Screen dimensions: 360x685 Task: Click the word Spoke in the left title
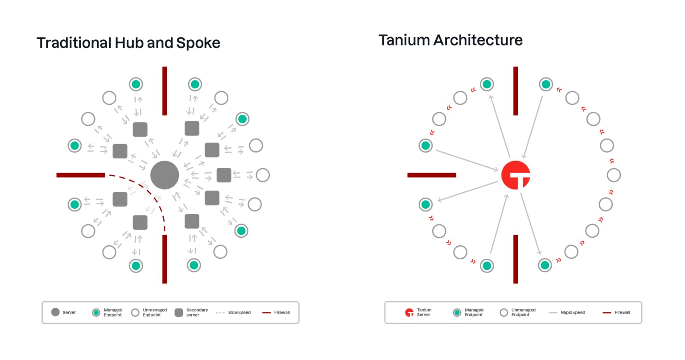coord(198,43)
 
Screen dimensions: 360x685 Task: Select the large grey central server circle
coord(165,175)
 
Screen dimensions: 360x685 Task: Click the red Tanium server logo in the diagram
coord(516,175)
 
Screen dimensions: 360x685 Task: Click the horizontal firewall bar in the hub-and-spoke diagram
coord(81,175)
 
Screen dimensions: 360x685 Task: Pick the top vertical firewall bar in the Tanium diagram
coord(516,91)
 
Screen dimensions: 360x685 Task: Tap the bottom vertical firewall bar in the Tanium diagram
coord(516,259)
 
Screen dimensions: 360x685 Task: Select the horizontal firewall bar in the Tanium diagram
coord(432,175)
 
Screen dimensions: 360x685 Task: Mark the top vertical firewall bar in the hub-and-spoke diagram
coord(165,91)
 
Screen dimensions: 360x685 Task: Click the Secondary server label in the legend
coord(197,312)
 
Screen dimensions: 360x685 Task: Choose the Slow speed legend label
coord(239,312)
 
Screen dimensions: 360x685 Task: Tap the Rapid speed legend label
coord(573,312)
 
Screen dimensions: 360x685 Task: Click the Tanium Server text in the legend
coord(424,312)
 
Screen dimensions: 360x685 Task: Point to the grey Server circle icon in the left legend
coord(55,312)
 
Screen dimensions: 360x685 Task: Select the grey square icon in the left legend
coord(179,312)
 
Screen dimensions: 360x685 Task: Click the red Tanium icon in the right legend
coord(409,312)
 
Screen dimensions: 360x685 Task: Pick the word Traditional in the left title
coord(74,43)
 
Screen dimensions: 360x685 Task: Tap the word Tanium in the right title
coord(404,40)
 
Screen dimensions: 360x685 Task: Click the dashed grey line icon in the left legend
coord(220,312)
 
